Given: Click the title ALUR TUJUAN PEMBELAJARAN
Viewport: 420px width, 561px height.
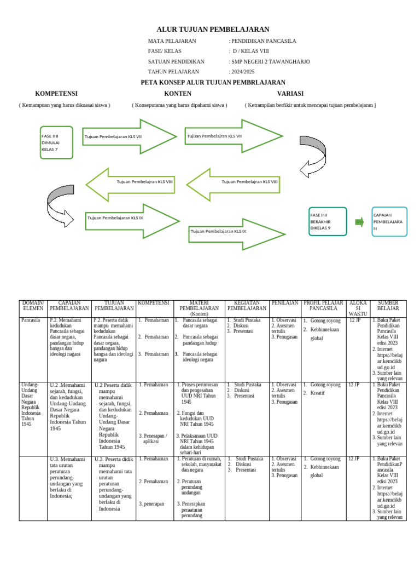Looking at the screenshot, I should (x=213, y=30).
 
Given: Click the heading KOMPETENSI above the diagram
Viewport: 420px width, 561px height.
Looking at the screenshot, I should (x=56, y=94).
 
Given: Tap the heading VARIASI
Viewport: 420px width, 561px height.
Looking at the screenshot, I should (x=290, y=94).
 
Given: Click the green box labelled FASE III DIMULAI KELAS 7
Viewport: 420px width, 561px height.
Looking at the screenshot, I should (x=56, y=142).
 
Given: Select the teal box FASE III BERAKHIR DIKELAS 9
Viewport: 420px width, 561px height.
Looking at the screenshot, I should (x=328, y=221).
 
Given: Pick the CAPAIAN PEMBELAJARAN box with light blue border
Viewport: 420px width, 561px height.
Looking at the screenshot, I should (x=389, y=222).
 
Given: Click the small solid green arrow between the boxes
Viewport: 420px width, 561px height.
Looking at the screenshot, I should (x=359, y=222).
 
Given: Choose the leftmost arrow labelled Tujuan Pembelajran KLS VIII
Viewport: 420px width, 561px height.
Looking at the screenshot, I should (x=131, y=181).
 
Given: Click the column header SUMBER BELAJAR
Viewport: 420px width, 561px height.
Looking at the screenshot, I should (x=388, y=306).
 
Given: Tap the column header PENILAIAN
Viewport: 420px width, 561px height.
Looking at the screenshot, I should (x=285, y=303).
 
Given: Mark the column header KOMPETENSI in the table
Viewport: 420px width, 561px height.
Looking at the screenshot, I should (x=153, y=303).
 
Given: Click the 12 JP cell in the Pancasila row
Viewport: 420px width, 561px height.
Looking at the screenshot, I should (x=355, y=320).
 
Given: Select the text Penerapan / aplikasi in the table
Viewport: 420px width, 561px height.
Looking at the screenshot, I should (x=153, y=438).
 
